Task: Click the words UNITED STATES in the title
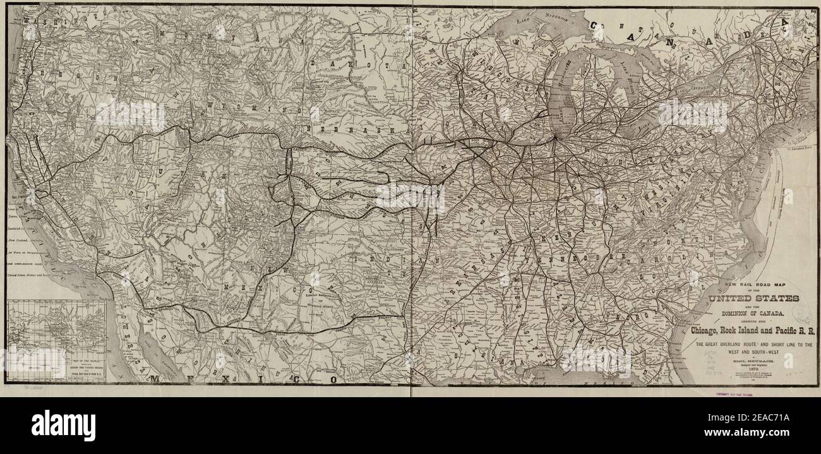[x=754, y=298]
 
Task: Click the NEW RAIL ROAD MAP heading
[x=754, y=285]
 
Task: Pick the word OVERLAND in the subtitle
[x=738, y=345]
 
